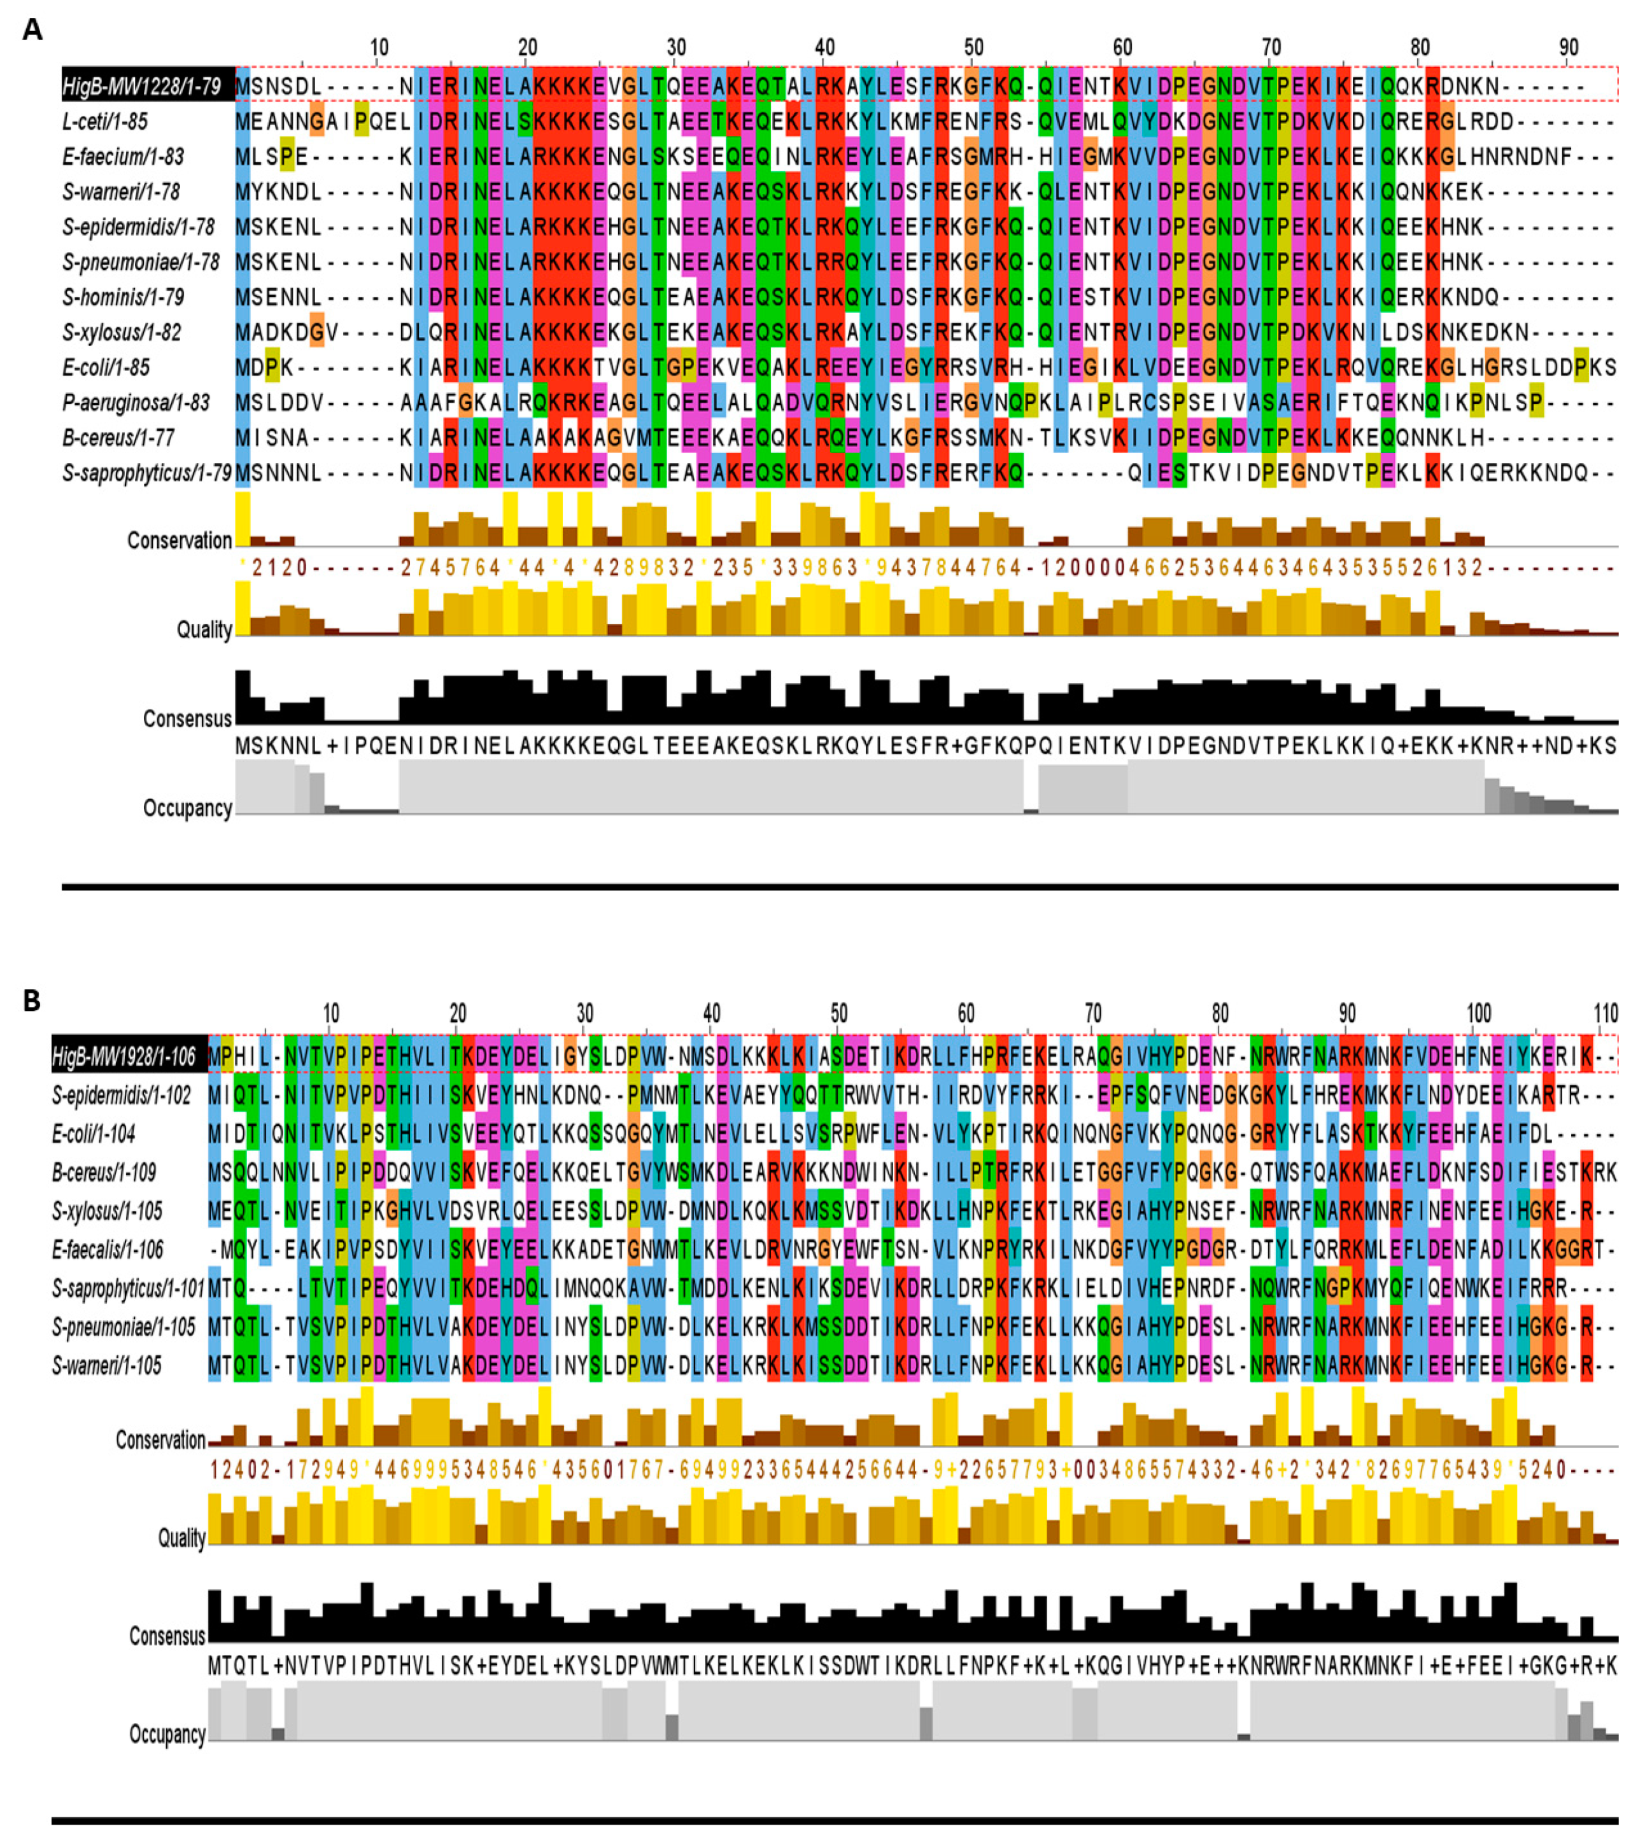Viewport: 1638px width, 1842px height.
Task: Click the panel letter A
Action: click(x=32, y=30)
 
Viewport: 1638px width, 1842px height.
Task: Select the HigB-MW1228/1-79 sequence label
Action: click(x=141, y=87)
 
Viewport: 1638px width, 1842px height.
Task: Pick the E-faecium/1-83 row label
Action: click(x=123, y=157)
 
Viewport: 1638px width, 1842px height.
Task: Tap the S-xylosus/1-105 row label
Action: click(x=108, y=1211)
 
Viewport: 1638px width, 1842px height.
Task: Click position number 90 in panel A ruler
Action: click(x=1569, y=47)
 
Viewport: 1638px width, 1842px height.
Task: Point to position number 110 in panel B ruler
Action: click(x=1606, y=1014)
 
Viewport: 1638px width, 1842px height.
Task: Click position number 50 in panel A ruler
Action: click(x=973, y=47)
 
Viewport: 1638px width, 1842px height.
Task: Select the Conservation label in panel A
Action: click(x=180, y=541)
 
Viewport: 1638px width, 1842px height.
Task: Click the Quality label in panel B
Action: click(x=182, y=1538)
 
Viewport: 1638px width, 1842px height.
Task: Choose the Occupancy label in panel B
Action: click(x=167, y=1734)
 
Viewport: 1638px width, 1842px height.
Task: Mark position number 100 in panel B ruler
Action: click(x=1478, y=1014)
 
